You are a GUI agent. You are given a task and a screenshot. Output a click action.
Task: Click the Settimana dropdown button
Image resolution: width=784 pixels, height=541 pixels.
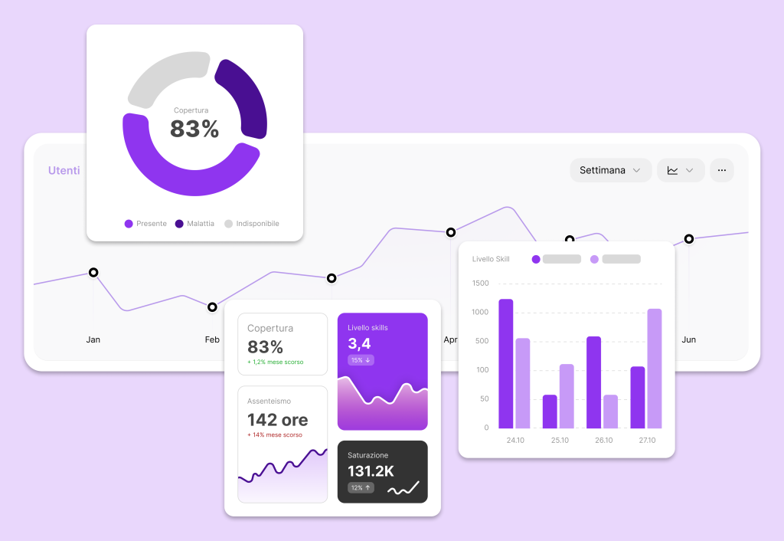pyautogui.click(x=610, y=170)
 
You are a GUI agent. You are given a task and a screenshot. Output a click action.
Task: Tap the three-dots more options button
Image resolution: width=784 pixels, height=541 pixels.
pyautogui.click(x=721, y=170)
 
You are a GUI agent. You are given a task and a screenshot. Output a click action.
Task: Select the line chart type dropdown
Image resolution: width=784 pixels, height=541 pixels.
pyautogui.click(x=680, y=170)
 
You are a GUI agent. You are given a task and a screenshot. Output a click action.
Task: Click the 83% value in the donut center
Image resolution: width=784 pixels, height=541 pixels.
pyautogui.click(x=194, y=129)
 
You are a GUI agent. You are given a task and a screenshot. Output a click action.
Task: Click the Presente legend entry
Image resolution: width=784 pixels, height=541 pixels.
pyautogui.click(x=145, y=224)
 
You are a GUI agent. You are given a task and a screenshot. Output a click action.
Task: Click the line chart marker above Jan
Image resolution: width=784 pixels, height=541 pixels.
pyautogui.click(x=93, y=272)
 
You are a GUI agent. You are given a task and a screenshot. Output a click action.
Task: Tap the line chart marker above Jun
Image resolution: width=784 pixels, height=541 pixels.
pyautogui.click(x=689, y=239)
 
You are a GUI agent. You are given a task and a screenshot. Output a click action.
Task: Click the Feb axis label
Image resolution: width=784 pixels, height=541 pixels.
pyautogui.click(x=212, y=339)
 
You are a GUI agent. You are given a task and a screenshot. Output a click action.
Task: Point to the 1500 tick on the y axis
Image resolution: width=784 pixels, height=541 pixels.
pyautogui.click(x=481, y=284)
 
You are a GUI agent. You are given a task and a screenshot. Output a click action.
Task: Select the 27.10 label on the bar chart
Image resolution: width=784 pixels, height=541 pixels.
pyautogui.click(x=646, y=441)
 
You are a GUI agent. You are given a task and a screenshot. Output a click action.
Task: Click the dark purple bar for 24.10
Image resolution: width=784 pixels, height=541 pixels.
pyautogui.click(x=506, y=363)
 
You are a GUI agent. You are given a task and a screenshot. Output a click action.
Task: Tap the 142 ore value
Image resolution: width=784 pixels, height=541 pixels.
pyautogui.click(x=277, y=420)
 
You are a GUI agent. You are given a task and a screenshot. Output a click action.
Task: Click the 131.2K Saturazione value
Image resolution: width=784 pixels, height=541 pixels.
pyautogui.click(x=371, y=471)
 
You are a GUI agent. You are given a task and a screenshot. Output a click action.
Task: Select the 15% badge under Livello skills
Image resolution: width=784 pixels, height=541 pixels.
pyautogui.click(x=361, y=360)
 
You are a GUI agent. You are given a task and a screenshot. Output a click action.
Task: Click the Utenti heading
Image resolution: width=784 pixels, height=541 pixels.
pyautogui.click(x=64, y=170)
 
